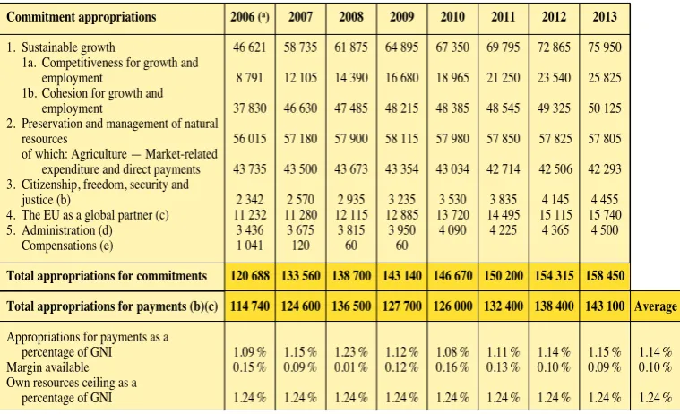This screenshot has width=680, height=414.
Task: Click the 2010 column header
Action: click(x=452, y=17)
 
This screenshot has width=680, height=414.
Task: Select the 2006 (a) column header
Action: click(x=250, y=17)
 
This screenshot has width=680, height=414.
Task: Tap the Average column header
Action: click(x=655, y=306)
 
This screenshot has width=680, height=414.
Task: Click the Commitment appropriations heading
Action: click(x=82, y=17)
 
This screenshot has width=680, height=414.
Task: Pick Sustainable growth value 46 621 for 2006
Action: click(x=249, y=47)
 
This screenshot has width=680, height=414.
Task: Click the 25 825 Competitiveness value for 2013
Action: click(x=605, y=78)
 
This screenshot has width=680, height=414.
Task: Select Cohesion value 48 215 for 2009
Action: click(x=401, y=108)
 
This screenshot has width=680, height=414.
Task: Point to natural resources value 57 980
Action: click(x=452, y=138)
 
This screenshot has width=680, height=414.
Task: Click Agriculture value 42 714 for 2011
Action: click(x=504, y=168)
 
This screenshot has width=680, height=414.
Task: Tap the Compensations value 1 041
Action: click(x=250, y=246)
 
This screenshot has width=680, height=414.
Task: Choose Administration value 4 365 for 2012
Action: click(x=555, y=230)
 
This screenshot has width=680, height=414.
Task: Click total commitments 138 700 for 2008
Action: click(x=351, y=276)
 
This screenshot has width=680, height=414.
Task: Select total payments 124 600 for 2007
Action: click(x=300, y=306)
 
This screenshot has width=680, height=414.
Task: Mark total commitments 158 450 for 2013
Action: click(x=605, y=276)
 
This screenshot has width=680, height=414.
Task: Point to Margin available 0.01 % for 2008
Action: click(x=351, y=367)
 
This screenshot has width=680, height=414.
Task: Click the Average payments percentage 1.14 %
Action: click(x=655, y=352)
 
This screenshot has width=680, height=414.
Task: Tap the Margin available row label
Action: click(x=47, y=367)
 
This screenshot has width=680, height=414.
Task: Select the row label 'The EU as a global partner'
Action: click(x=88, y=215)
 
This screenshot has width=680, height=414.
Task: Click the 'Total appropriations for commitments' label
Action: click(x=107, y=276)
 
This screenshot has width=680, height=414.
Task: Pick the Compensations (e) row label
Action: click(x=67, y=246)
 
